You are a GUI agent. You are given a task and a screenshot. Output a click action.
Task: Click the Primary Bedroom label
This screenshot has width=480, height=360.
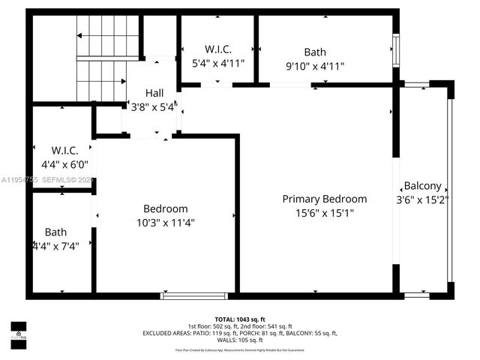(324, 199)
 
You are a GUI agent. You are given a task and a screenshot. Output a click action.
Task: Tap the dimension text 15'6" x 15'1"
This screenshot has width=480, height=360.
(324, 212)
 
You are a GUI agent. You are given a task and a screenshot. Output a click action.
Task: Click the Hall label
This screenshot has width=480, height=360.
(154, 93)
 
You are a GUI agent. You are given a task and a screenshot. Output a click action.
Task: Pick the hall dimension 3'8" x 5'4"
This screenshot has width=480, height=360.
(154, 106)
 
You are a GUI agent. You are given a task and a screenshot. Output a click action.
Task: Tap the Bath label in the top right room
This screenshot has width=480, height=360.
(314, 52)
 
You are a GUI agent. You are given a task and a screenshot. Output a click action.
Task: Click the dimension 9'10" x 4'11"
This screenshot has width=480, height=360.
(314, 66)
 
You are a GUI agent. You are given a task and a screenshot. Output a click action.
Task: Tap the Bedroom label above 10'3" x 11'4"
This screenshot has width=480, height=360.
(166, 208)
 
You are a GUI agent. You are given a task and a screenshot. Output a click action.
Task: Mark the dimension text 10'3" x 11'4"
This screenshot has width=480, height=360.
(166, 222)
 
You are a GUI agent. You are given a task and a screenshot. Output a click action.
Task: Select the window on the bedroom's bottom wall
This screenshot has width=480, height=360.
(194, 295)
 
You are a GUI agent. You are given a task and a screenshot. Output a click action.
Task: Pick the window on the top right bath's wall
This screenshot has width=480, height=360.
(396, 52)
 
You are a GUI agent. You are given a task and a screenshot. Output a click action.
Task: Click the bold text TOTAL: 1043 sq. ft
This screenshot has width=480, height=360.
(240, 319)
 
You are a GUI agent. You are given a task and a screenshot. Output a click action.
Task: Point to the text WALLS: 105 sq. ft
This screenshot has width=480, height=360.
(240, 340)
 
